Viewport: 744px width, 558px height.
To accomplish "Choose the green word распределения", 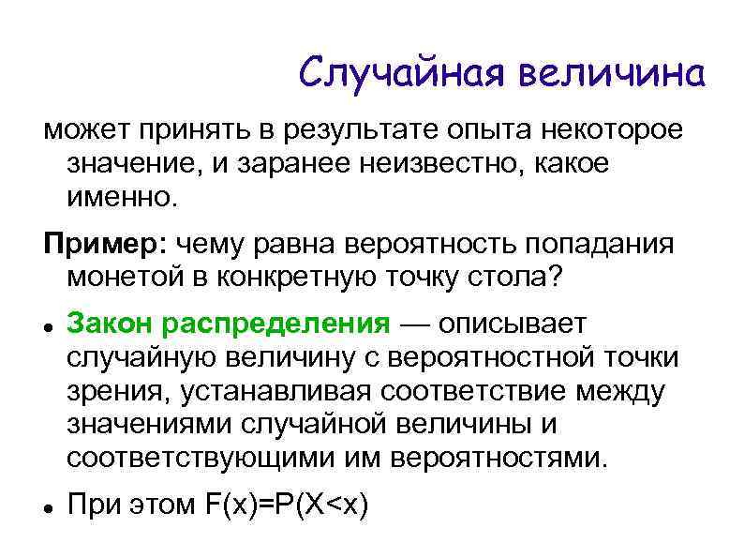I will point(275,324).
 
